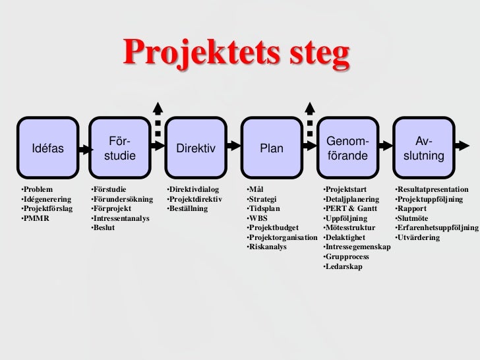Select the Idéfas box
pyautogui.click(x=48, y=148)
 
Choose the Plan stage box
pyautogui.click(x=271, y=148)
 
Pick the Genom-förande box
pyautogui.click(x=347, y=148)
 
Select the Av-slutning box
pyautogui.click(x=424, y=148)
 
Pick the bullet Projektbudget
pyautogui.click(x=272, y=227)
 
